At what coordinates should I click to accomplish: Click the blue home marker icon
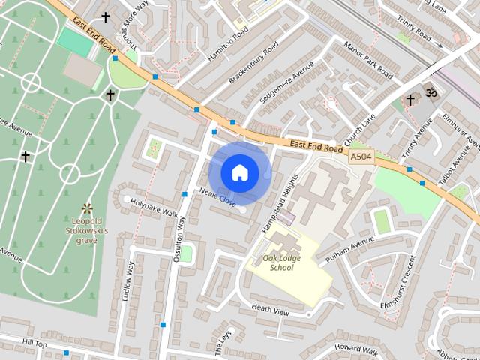click(x=239, y=172)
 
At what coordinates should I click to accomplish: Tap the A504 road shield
click(x=361, y=157)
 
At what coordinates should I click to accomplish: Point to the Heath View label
click(x=270, y=309)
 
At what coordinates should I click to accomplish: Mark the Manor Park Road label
click(x=368, y=60)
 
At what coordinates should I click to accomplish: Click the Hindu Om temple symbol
click(x=430, y=92)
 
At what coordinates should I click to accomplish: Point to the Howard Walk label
click(x=355, y=347)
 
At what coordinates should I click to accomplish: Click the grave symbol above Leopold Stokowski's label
click(x=87, y=208)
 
